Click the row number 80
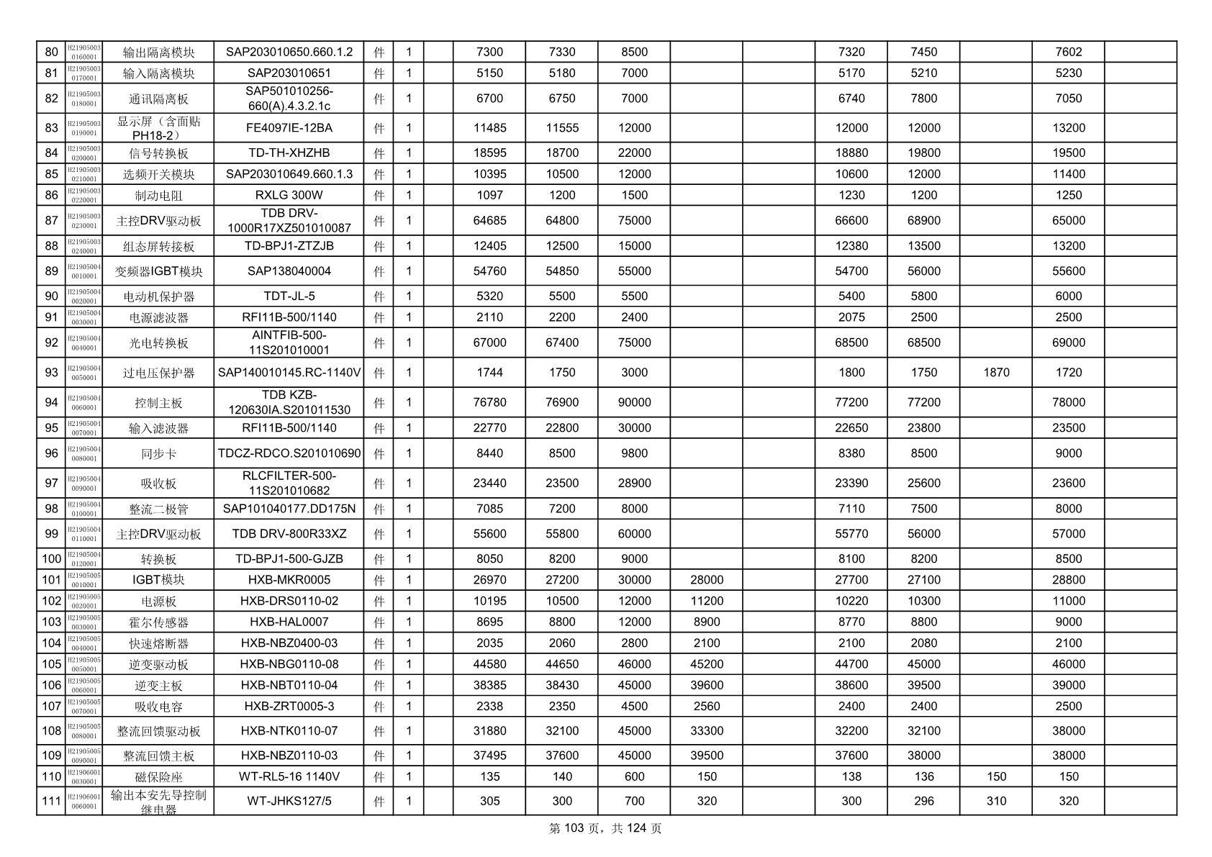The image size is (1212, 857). [51, 52]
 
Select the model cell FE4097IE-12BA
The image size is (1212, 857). [289, 128]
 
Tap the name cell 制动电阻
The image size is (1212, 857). [158, 196]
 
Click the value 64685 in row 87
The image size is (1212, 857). [489, 221]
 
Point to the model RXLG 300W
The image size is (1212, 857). [289, 196]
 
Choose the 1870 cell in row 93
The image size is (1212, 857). [995, 373]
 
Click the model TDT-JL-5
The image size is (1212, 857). [289, 296]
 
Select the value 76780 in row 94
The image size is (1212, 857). [489, 402]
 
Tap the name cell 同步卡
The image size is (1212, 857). [158, 454]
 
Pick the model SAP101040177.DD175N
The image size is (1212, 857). [289, 509]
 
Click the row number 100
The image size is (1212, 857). [51, 559]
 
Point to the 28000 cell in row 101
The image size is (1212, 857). [706, 580]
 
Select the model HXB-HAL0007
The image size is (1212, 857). [289, 622]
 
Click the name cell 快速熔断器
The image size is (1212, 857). [158, 643]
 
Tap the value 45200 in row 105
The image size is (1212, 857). [706, 664]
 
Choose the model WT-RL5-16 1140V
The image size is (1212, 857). [289, 776]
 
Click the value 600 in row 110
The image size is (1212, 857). [634, 776]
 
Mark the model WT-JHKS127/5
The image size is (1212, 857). [289, 801]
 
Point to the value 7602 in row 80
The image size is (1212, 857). [1068, 52]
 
